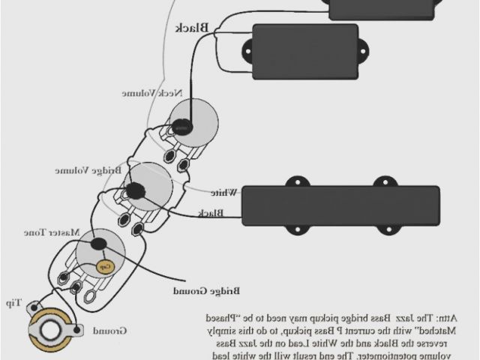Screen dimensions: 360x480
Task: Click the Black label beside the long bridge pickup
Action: coord(211,214)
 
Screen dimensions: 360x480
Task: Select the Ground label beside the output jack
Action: coord(110,330)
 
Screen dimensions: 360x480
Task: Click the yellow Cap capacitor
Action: coord(106,265)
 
